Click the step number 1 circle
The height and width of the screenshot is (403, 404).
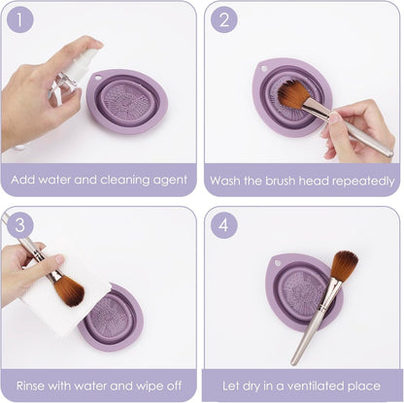(x=19, y=19)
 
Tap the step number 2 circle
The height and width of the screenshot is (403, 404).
(x=224, y=19)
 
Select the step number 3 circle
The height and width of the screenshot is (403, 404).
(x=19, y=224)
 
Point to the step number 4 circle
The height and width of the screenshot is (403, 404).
(x=224, y=224)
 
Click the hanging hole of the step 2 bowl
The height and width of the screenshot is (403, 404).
(x=264, y=69)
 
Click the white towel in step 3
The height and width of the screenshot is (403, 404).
(x=65, y=298)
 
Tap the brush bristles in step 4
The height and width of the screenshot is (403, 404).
(x=345, y=265)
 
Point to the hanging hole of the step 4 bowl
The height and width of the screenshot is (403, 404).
(x=277, y=262)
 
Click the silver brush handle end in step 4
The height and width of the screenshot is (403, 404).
(x=293, y=361)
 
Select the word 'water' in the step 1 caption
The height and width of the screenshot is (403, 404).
(x=54, y=180)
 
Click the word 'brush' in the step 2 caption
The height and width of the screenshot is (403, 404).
(x=281, y=181)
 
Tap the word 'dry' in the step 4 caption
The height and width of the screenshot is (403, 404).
(x=251, y=386)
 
